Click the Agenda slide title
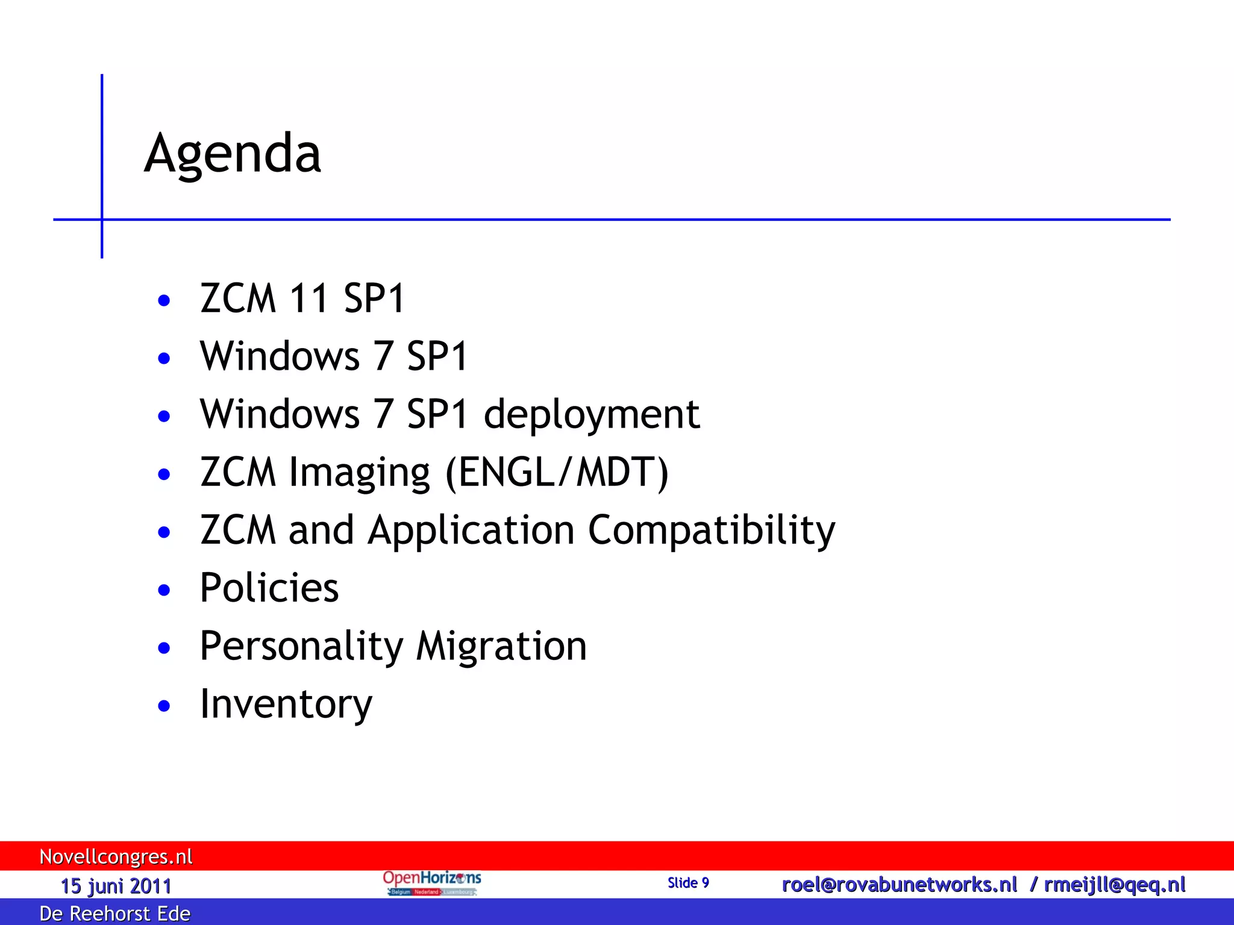233,154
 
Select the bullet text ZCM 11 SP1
302,298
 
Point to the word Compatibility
712,531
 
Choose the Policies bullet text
269,588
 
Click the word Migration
501,646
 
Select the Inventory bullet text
286,704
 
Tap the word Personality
301,646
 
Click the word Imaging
360,472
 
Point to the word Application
471,531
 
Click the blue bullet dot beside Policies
164,590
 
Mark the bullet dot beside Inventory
164,705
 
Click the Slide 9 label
688,883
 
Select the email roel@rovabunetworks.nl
899,885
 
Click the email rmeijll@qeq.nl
1115,885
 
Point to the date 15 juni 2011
116,886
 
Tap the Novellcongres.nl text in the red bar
116,856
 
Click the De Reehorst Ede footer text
115,913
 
